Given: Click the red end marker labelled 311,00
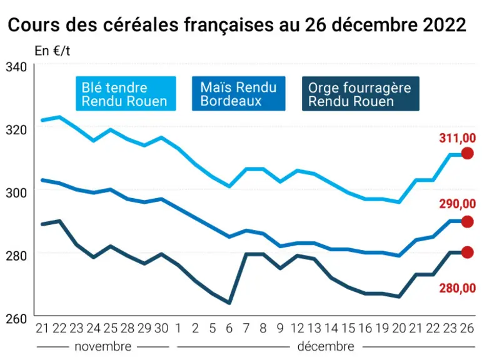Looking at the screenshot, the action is [467, 153].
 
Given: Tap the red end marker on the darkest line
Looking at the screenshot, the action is [467, 252].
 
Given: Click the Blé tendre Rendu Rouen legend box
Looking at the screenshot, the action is [126, 94].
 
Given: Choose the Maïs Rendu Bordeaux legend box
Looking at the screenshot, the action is [239, 94].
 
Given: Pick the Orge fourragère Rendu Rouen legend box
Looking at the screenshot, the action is [361, 94].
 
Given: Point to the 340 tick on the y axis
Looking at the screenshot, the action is [16, 67].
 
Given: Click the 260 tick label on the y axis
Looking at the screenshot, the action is [16, 319].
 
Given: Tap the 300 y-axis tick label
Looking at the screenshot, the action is [16, 192].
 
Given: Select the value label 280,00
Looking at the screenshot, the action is [458, 288].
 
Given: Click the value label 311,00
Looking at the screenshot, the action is [458, 138].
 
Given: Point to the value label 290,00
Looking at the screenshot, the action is [458, 204].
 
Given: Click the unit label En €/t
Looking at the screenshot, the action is [53, 51].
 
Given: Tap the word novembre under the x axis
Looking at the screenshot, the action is [103, 347].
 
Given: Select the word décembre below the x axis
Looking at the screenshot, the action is [326, 347].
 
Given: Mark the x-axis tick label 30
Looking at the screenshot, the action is [161, 329].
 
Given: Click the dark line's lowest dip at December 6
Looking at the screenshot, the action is [229, 303].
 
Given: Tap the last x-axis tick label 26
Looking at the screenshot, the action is [466, 329].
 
